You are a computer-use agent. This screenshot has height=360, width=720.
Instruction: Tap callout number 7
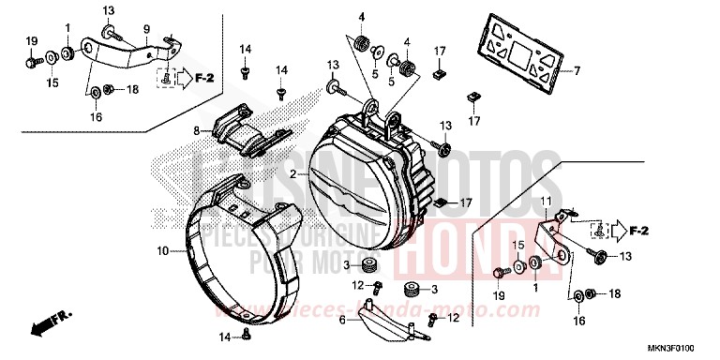coord(577,70)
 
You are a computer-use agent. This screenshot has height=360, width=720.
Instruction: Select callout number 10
coord(162,251)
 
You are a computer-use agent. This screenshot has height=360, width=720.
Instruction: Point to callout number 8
coord(198,132)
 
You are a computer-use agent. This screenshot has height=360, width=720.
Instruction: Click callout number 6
coord(343,319)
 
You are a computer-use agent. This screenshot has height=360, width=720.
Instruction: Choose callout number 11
coord(546,200)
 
